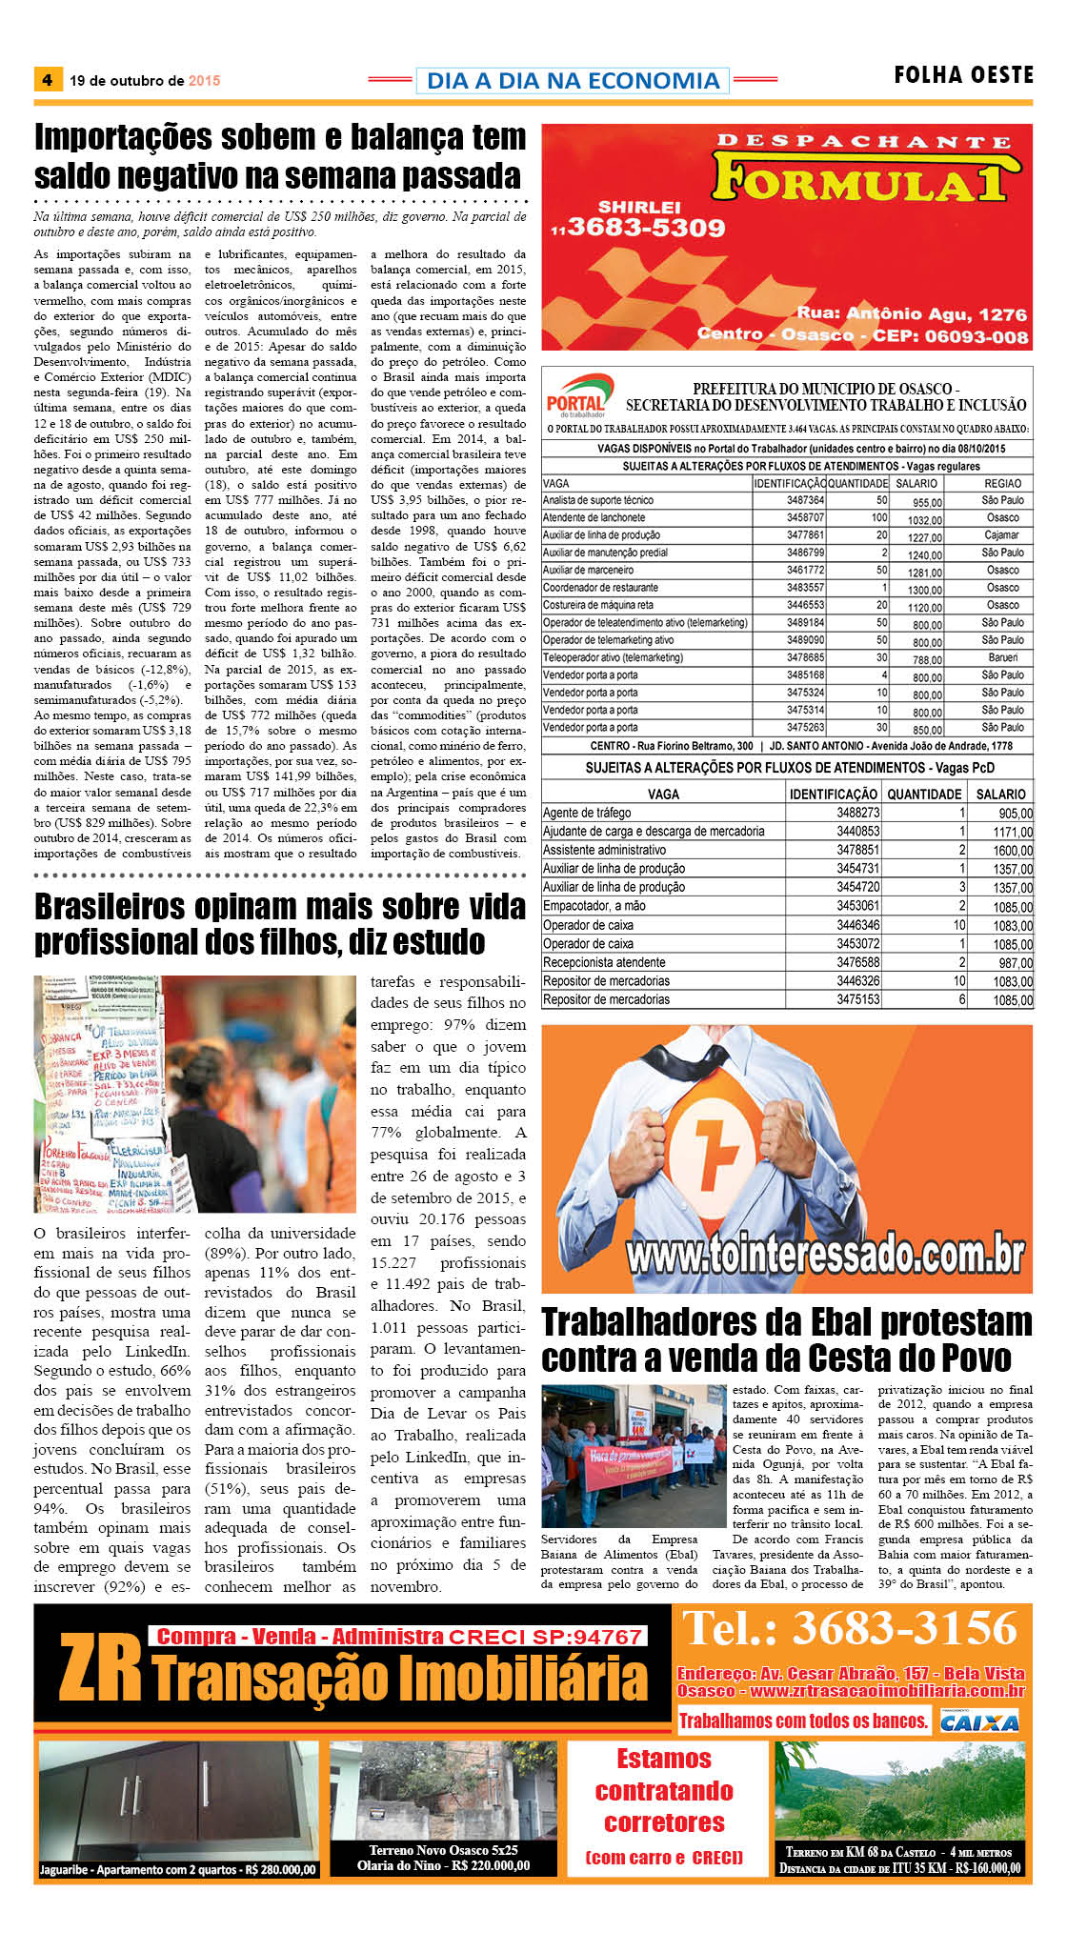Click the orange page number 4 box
pos(48,80)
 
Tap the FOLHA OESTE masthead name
pos(963,75)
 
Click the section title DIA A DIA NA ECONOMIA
pos(573,81)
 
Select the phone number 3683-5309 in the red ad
pos(646,228)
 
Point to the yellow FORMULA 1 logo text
pos(860,178)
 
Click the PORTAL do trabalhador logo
pos(575,396)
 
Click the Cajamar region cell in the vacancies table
pos(1002,535)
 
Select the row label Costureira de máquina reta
pos(598,606)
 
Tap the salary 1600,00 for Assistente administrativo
pos(1013,851)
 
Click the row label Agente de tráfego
pos(587,813)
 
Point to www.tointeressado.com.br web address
pos(825,1254)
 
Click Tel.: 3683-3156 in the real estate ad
pos(851,1628)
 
